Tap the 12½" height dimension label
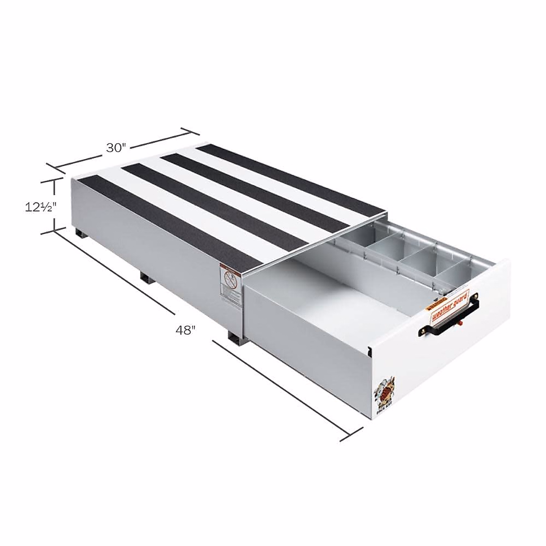[40, 207]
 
